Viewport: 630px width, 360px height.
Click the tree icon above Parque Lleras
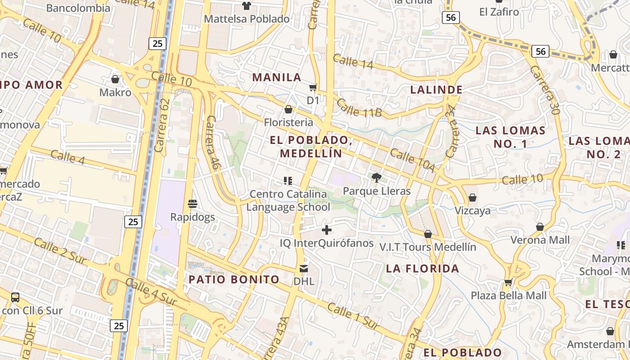tap(377, 178)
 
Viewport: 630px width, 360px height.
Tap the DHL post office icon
tap(304, 269)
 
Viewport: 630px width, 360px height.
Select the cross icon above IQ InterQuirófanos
tap(327, 230)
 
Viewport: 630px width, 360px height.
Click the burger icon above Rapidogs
tap(193, 204)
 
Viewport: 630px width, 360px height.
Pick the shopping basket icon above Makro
tap(115, 79)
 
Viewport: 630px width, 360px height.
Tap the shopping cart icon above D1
tap(313, 87)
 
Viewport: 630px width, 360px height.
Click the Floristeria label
tap(288, 122)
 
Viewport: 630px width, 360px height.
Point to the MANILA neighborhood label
tap(277, 77)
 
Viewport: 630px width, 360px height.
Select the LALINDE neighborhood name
tap(436, 90)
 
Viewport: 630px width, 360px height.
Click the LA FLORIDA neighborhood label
tap(423, 269)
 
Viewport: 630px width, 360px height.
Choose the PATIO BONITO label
tap(234, 279)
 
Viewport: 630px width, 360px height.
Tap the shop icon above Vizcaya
tap(472, 198)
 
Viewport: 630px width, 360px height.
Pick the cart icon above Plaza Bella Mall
tap(508, 282)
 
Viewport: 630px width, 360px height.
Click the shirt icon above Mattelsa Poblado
tap(247, 6)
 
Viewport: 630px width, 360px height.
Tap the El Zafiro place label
tap(499, 12)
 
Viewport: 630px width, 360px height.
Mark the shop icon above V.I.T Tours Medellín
tap(428, 234)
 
